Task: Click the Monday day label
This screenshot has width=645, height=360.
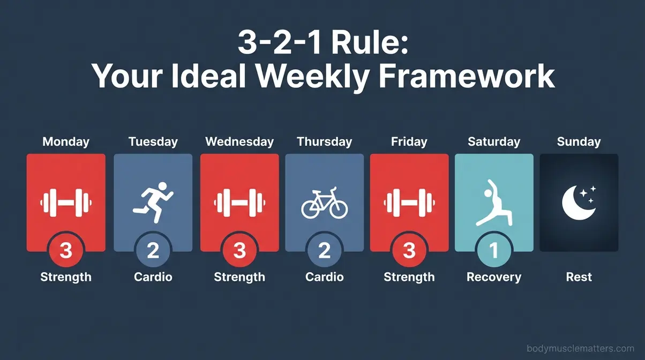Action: pyautogui.click(x=66, y=142)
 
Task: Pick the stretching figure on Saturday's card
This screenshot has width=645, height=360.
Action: pyautogui.click(x=493, y=202)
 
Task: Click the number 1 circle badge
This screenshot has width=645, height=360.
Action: pyautogui.click(x=493, y=251)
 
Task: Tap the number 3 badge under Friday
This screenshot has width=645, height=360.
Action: pyautogui.click(x=409, y=251)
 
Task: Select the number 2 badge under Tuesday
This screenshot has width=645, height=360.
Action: pyautogui.click(x=153, y=251)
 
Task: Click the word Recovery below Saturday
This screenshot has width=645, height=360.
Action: pyautogui.click(x=493, y=277)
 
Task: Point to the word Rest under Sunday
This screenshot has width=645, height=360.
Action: pyautogui.click(x=579, y=277)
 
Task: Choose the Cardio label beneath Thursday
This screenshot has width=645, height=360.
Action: pyautogui.click(x=324, y=277)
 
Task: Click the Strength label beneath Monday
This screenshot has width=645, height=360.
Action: pyautogui.click(x=66, y=277)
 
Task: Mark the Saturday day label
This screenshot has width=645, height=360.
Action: pyautogui.click(x=493, y=142)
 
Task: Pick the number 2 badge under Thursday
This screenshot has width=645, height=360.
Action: pyautogui.click(x=324, y=251)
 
